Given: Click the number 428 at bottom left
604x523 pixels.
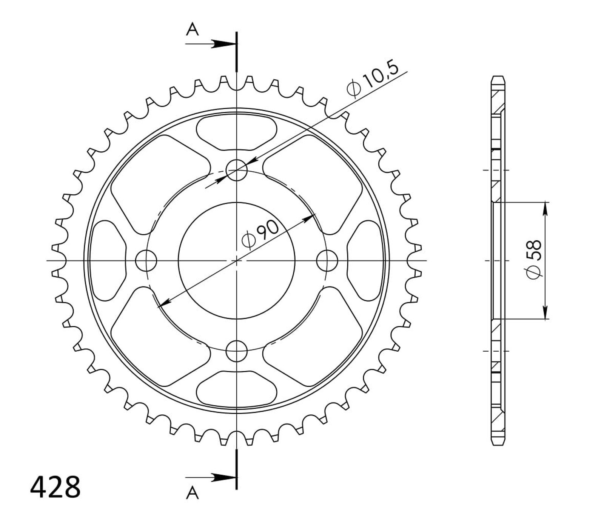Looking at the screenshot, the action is pyautogui.click(x=55, y=487).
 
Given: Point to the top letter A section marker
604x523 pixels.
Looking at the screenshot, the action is pyautogui.click(x=193, y=29).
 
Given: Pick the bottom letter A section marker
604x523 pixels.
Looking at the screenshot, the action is pyautogui.click(x=193, y=492).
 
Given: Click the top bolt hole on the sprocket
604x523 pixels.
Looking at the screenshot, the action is pyautogui.click(x=236, y=170).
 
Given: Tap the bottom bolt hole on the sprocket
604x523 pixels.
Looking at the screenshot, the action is pyautogui.click(x=236, y=351).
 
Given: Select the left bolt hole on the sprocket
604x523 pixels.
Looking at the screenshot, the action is pyautogui.click(x=146, y=260).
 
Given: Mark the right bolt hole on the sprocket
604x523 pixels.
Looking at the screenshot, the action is pyautogui.click(x=327, y=260).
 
